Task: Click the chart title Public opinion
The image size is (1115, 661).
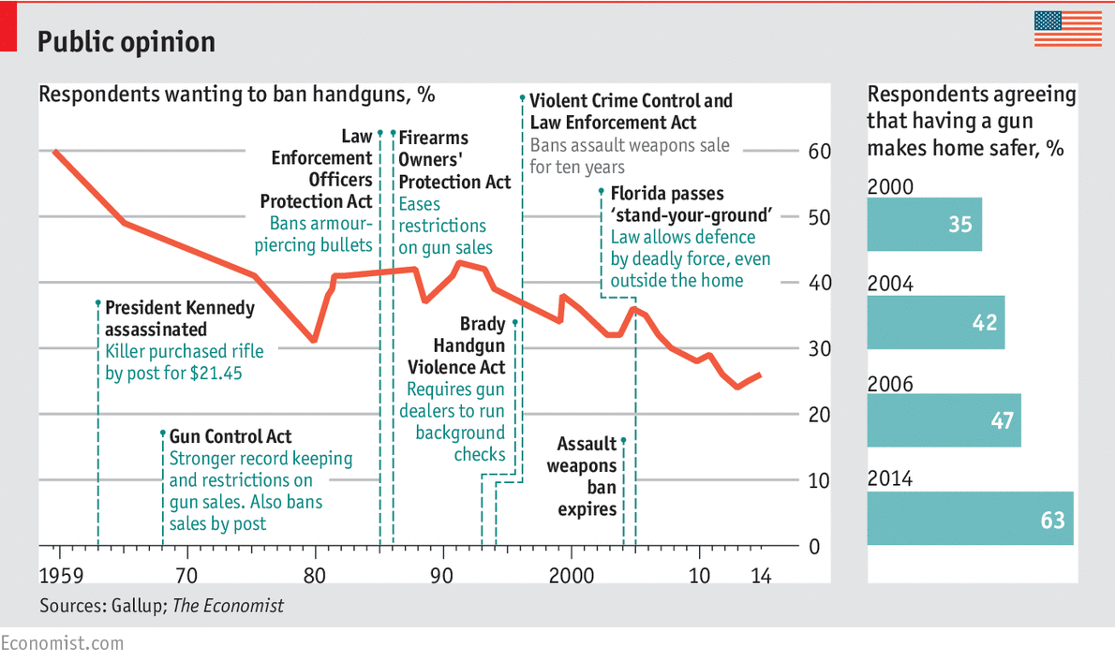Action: (126, 41)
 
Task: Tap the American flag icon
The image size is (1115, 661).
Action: (1067, 29)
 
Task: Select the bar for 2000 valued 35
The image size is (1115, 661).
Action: (924, 225)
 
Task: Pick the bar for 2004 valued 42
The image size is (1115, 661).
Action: (935, 323)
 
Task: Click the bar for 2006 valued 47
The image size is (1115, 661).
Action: (944, 420)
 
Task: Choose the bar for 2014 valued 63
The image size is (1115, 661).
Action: (970, 518)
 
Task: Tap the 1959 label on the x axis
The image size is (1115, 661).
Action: (59, 574)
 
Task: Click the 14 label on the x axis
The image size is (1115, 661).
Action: (762, 574)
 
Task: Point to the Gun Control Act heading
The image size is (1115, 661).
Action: (230, 436)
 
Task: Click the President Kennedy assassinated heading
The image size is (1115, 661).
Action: (179, 318)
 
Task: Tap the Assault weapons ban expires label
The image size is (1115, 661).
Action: (587, 477)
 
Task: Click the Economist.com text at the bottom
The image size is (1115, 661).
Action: (62, 643)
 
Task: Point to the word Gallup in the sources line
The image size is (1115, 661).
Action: (137, 606)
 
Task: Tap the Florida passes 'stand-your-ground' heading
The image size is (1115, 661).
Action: (690, 205)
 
